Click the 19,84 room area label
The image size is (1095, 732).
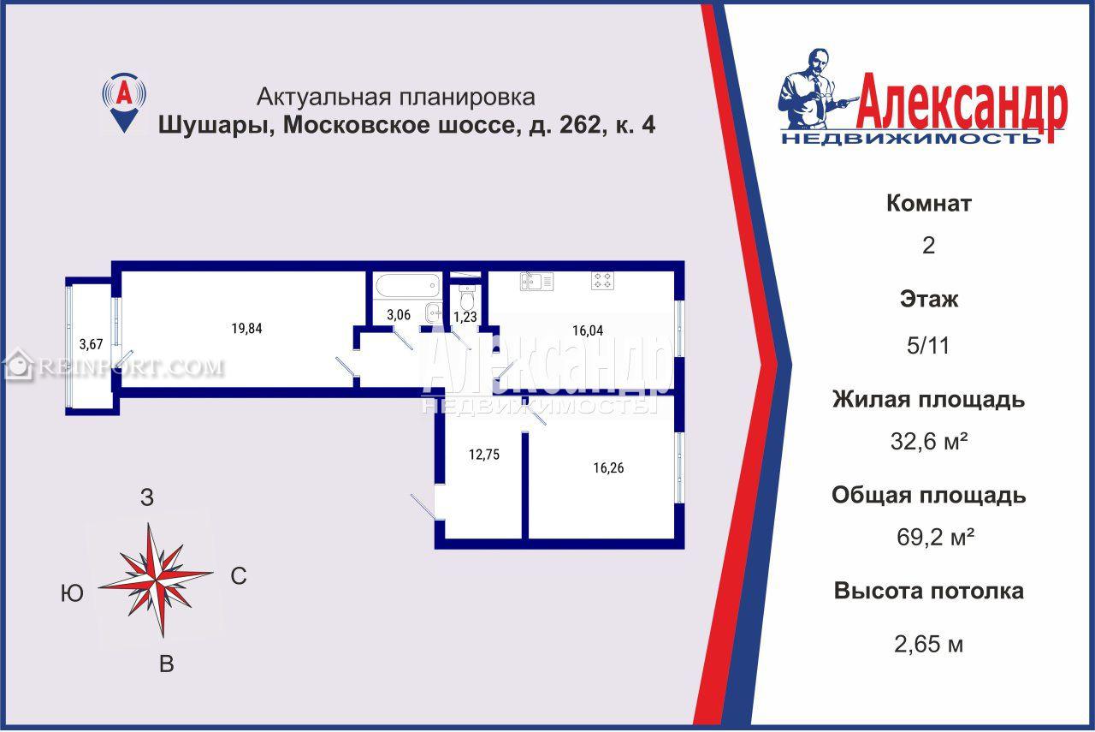coord(247,328)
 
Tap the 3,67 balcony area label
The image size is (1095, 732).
coord(91,344)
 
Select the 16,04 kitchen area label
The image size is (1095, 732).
coord(588,330)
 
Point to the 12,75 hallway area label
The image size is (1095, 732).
coord(484,455)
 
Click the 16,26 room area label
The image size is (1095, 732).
coord(608,467)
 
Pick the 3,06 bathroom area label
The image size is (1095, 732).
coord(399,314)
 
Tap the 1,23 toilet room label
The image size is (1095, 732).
coord(465,317)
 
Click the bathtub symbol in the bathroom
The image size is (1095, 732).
coord(407,285)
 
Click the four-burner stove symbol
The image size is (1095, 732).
coord(602,281)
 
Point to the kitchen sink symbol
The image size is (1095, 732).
coord(536,282)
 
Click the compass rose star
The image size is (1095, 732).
coord(156,580)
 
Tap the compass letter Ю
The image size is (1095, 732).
coord(72,593)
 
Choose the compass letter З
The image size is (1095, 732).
coord(146,497)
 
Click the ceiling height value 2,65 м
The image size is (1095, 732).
coord(928,644)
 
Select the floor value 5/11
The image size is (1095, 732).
coord(928,346)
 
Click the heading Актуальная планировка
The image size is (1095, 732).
coord(395,97)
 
